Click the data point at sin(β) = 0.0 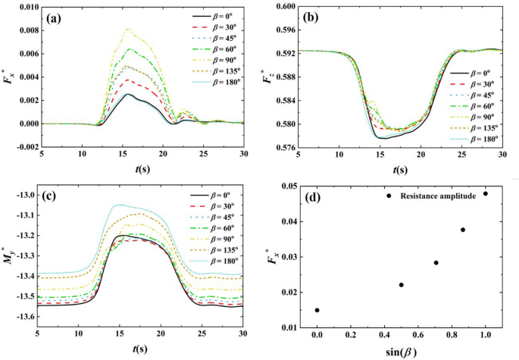[317, 310]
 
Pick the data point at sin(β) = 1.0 [485, 193]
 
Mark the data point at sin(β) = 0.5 [401, 285]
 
